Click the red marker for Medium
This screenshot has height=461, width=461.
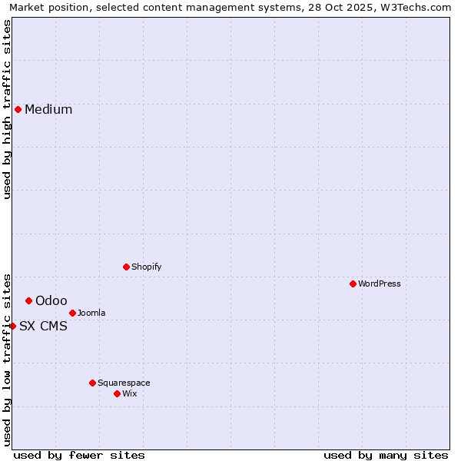click(x=18, y=109)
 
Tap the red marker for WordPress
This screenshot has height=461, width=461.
click(x=353, y=284)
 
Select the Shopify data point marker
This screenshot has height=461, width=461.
click(x=126, y=267)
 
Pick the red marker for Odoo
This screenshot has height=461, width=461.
click(x=28, y=300)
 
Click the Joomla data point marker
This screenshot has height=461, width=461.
click(x=72, y=313)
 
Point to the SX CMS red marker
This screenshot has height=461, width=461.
click(x=12, y=326)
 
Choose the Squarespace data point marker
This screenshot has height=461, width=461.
click(x=92, y=383)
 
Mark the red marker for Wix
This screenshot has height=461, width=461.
click(x=117, y=393)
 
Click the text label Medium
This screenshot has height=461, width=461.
click(x=48, y=109)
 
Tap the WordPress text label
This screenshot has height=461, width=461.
click(x=380, y=284)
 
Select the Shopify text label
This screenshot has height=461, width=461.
click(x=146, y=267)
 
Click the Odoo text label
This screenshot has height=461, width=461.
click(x=51, y=300)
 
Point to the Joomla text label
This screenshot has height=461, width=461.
click(x=91, y=313)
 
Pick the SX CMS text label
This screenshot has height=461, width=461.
click(x=43, y=326)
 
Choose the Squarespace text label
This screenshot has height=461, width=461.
click(x=124, y=383)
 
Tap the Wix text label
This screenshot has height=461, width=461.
click(x=130, y=393)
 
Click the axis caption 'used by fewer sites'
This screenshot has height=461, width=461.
click(x=79, y=455)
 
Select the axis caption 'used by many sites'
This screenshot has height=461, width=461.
click(x=386, y=455)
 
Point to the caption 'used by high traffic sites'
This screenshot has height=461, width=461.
click(x=7, y=109)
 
